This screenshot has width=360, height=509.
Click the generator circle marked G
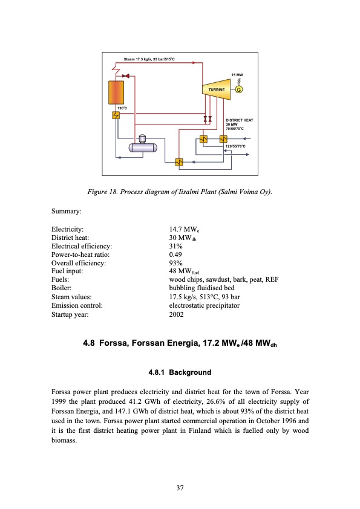point(239,90)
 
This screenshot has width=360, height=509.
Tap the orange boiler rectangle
point(116,92)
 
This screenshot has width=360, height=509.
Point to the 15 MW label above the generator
point(238,74)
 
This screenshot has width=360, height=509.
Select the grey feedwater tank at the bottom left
point(143,145)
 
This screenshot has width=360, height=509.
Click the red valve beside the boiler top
point(126,76)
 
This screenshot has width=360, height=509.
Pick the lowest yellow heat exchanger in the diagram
point(178,162)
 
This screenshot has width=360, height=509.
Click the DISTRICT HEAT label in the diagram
point(238,121)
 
